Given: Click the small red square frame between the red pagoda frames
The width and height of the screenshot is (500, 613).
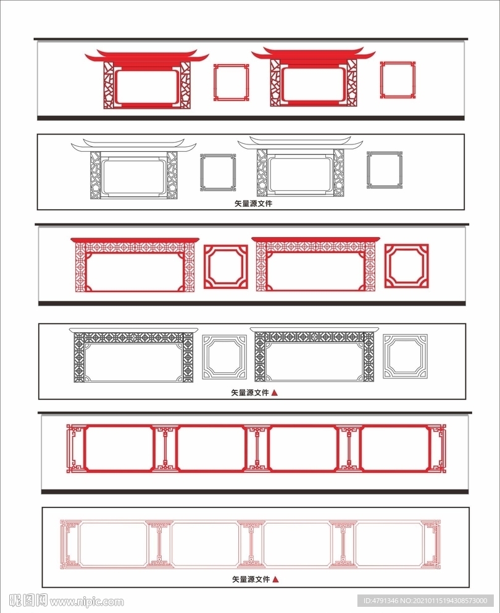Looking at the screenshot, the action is click(x=215, y=82).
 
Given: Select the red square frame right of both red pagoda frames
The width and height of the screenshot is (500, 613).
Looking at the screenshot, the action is click(x=381, y=80).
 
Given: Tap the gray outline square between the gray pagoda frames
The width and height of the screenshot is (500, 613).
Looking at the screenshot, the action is click(x=201, y=172).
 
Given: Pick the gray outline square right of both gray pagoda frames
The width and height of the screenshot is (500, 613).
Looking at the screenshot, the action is click(x=368, y=170).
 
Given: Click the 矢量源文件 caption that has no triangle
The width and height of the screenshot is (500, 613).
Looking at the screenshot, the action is click(x=253, y=203).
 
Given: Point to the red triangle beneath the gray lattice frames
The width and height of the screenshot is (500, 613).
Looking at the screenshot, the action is click(x=275, y=393).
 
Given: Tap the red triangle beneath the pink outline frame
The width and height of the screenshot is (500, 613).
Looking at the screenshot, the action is click(x=275, y=580).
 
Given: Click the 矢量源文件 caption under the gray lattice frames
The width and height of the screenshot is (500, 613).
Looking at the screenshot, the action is click(x=250, y=393).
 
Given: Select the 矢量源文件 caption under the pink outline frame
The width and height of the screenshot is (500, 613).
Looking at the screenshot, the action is click(x=251, y=580).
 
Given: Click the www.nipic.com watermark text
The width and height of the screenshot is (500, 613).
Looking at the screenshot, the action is click(x=87, y=601).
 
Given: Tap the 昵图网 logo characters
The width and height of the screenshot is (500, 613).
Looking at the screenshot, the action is click(x=28, y=600).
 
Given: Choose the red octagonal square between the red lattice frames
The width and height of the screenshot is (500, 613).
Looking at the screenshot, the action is click(x=205, y=267).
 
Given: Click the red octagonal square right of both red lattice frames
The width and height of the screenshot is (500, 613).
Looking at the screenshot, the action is click(x=386, y=266).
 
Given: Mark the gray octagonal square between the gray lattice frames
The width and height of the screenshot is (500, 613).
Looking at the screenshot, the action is click(x=204, y=357).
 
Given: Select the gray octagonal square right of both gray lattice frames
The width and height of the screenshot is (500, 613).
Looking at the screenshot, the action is click(x=385, y=356).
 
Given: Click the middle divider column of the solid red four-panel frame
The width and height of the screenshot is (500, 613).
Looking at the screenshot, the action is click(x=257, y=449).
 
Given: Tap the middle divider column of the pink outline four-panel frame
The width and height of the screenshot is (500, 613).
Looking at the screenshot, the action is click(x=251, y=544).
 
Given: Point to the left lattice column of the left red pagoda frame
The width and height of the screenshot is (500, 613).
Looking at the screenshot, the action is click(x=108, y=85).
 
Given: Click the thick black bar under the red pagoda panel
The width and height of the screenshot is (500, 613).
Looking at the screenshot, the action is click(x=251, y=118).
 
